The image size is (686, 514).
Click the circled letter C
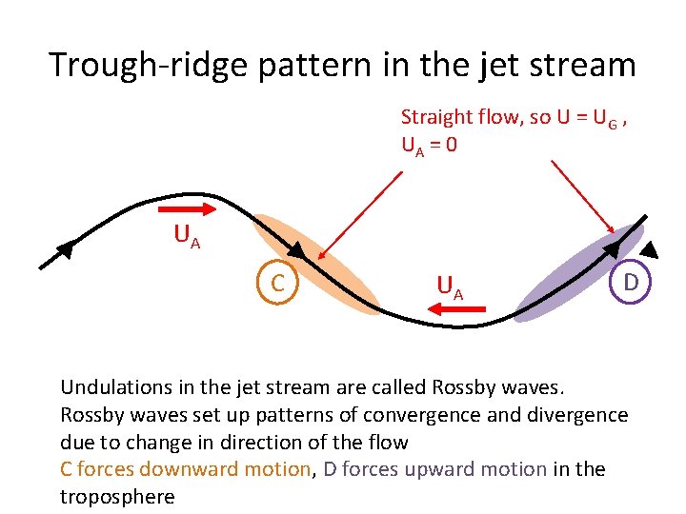click(277, 283)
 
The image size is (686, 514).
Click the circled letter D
click(631, 283)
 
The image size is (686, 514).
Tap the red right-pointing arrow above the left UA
click(188, 206)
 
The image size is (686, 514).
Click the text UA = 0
click(429, 147)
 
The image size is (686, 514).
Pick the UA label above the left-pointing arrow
click(450, 285)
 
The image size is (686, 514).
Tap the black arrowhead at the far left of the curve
click(65, 249)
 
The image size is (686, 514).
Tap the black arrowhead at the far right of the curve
click(648, 250)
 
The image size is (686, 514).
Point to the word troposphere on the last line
click(117, 496)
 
